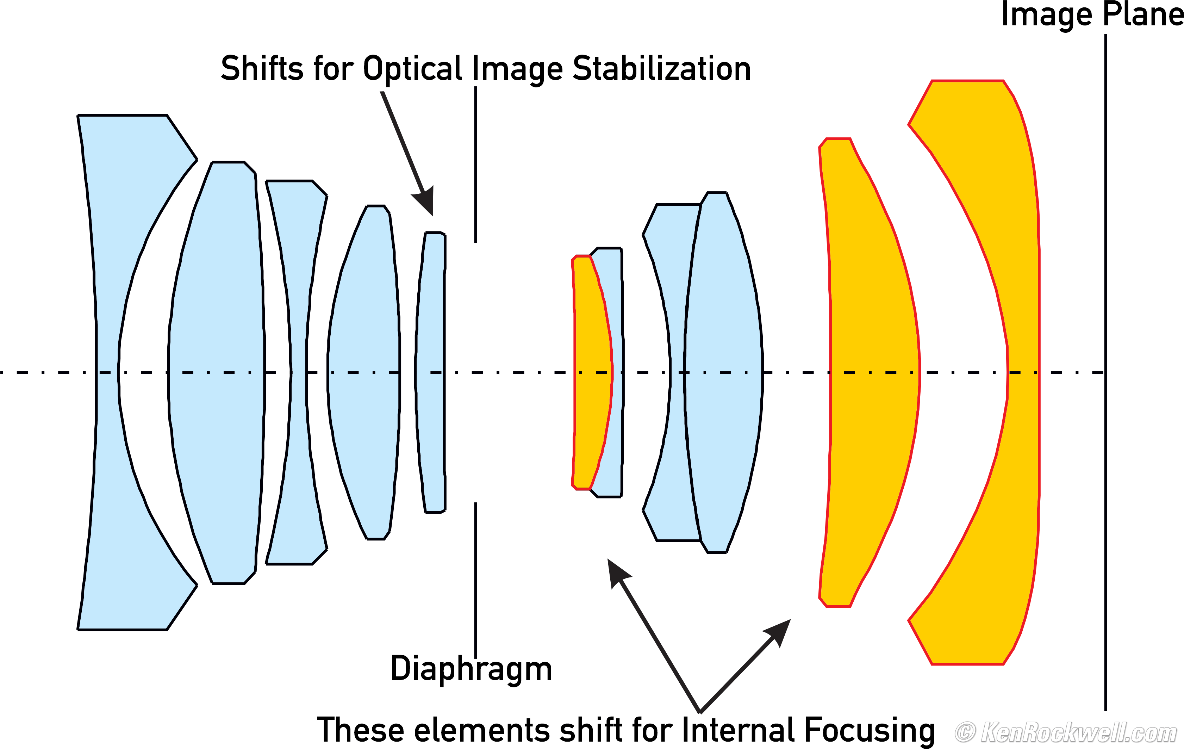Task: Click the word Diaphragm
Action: point(471,669)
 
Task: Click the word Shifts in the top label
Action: point(262,68)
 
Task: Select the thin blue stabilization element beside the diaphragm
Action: point(431,373)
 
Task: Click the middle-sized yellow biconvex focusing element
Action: point(873,373)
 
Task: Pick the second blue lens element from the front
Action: point(216,373)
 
